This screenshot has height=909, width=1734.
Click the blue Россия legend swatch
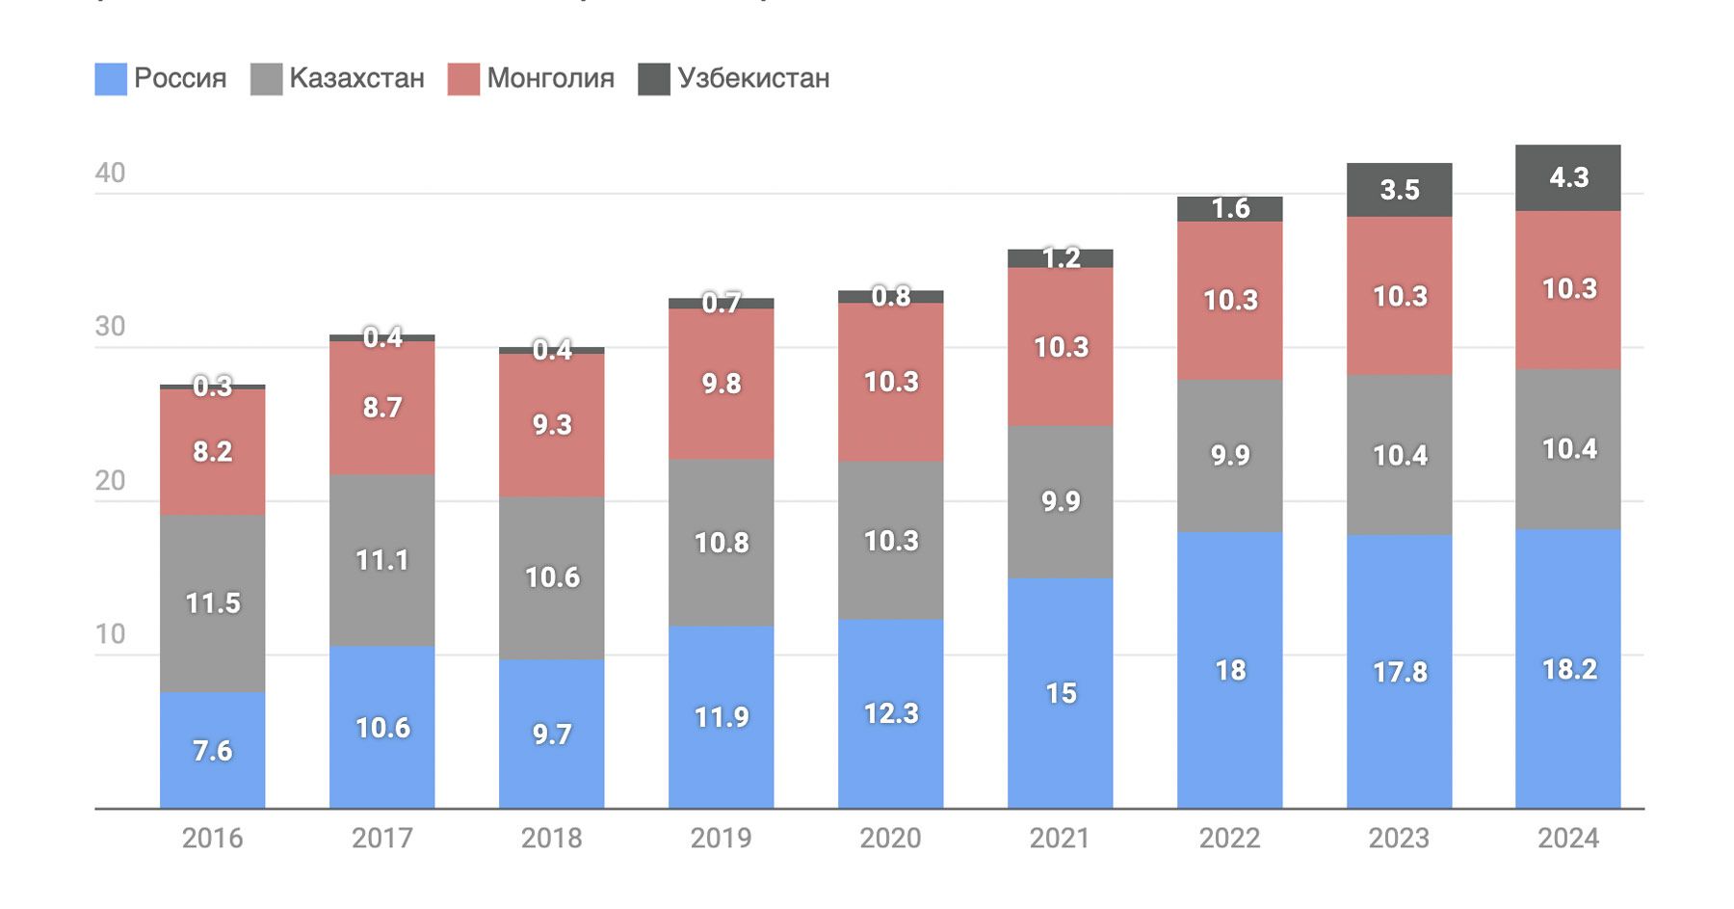pyautogui.click(x=111, y=79)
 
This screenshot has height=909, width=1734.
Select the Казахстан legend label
pyautogui.click(x=356, y=78)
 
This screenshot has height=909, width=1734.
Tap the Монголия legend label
pyautogui.click(x=550, y=78)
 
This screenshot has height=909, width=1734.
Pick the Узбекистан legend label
pyautogui.click(x=753, y=78)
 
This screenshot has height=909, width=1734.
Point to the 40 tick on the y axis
pyautogui.click(x=110, y=174)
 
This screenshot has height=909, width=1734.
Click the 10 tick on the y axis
pyautogui.click(x=110, y=634)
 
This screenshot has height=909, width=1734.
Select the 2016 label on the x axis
pyautogui.click(x=212, y=839)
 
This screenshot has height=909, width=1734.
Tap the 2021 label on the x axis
pyautogui.click(x=1060, y=839)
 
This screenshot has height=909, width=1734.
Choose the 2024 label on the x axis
pyautogui.click(x=1568, y=839)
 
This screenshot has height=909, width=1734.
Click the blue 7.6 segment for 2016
pyautogui.click(x=212, y=750)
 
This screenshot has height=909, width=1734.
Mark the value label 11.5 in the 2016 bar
pyautogui.click(x=212, y=603)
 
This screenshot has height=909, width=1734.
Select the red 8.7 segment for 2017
pyautogui.click(x=381, y=408)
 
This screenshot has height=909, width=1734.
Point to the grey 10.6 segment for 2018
pyautogui.click(x=552, y=578)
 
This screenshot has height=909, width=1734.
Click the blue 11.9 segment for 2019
pyautogui.click(x=721, y=717)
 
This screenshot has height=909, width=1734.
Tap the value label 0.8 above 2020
pyautogui.click(x=891, y=296)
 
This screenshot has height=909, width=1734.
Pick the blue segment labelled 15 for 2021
pyautogui.click(x=1060, y=693)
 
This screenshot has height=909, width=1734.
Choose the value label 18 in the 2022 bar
pyautogui.click(x=1230, y=670)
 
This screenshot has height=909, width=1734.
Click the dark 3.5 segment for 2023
pyautogui.click(x=1399, y=190)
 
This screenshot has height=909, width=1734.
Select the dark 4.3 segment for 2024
pyautogui.click(x=1568, y=178)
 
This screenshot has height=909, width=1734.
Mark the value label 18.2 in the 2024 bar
pyautogui.click(x=1569, y=669)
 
